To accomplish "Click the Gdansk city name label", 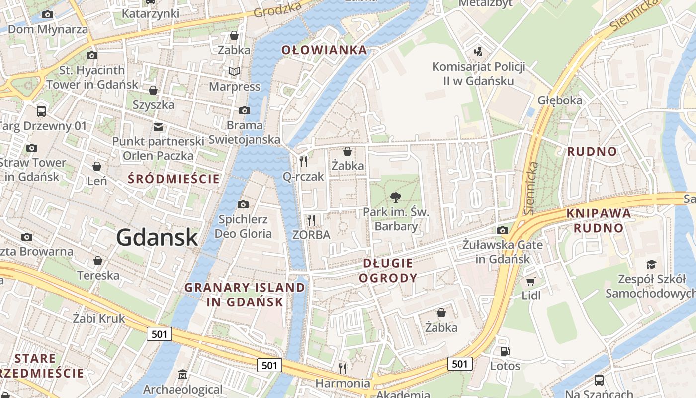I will (157, 238).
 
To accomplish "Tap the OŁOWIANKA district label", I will (324, 50).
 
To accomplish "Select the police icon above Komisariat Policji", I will (478, 51).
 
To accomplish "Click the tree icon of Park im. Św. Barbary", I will (396, 198).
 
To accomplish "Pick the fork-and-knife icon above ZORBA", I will (311, 219).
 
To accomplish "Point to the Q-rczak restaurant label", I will (303, 176).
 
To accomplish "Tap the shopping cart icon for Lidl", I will (531, 281).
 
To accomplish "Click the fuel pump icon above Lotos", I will (505, 351).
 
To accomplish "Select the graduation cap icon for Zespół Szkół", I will (651, 264).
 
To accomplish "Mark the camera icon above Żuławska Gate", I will (502, 230).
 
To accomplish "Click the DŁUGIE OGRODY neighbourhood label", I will (388, 270).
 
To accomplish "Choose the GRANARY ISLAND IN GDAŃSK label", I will (245, 294).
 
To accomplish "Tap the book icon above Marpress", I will (234, 72).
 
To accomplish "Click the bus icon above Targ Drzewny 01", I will (41, 111).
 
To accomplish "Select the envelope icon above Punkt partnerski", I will (158, 127).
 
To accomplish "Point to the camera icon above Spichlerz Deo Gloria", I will (243, 204).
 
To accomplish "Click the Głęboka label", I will (560, 100).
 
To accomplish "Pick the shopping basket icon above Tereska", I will (98, 261).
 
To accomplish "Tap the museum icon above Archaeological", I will (182, 374).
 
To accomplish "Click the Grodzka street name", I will (278, 9).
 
